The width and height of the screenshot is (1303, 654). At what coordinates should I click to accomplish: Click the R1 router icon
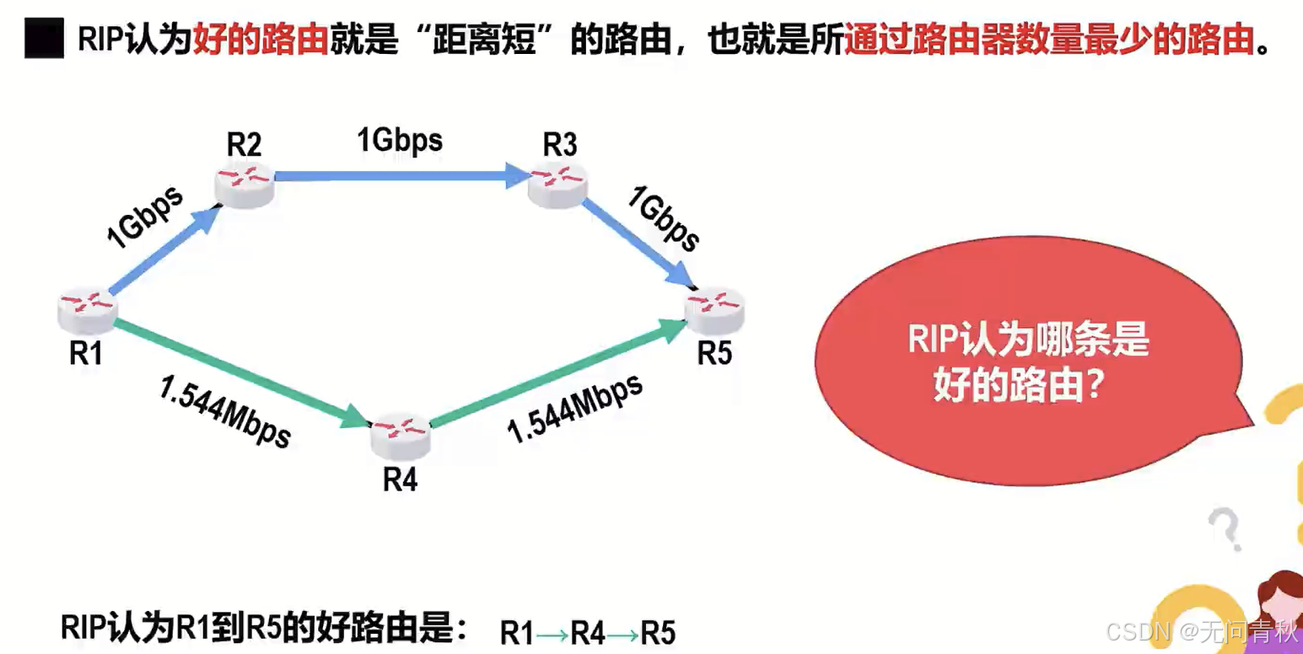click(87, 310)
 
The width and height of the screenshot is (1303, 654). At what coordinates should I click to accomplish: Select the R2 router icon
click(245, 185)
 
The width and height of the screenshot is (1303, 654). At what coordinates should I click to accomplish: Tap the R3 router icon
click(557, 185)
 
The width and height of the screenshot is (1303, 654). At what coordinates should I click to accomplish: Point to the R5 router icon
click(713, 310)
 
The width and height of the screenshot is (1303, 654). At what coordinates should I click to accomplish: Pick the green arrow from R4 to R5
click(557, 374)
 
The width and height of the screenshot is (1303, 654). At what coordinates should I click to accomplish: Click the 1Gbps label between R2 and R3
click(400, 140)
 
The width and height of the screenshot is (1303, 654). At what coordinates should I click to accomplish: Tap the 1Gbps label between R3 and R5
click(663, 219)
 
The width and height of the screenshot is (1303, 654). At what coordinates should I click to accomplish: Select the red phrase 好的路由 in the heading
click(260, 39)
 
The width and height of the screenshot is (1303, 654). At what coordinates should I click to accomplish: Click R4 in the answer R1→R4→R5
click(588, 632)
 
